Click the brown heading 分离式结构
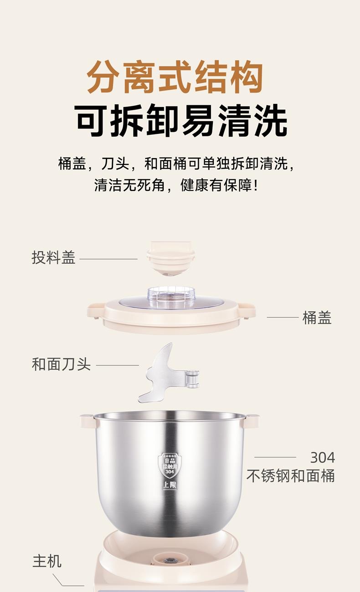pyautogui.click(x=175, y=77)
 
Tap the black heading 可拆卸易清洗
pyautogui.click(x=181, y=120)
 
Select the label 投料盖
pyautogui.click(x=53, y=257)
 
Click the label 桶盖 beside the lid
pyautogui.click(x=317, y=317)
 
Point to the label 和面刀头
pyautogui.click(x=61, y=364)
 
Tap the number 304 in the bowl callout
pyautogui.click(x=323, y=458)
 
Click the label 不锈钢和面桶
pyautogui.click(x=291, y=476)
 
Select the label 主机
pyautogui.click(x=47, y=561)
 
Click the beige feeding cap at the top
pyautogui.click(x=171, y=259)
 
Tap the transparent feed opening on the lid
pyautogui.click(x=171, y=297)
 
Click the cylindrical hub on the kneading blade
pyautogui.click(x=193, y=379)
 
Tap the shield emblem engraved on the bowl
pyautogui.click(x=170, y=465)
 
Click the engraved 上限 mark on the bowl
pyautogui.click(x=170, y=485)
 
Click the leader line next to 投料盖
pyautogui.click(x=108, y=259)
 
